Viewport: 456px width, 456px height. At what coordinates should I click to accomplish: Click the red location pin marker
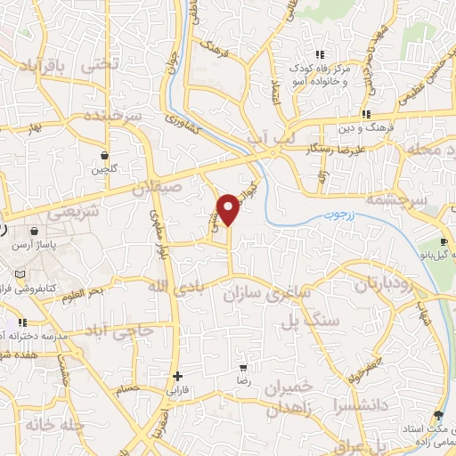(229, 209)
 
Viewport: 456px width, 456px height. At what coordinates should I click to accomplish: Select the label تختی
(98, 65)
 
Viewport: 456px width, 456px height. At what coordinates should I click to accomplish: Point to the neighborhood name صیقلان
(157, 189)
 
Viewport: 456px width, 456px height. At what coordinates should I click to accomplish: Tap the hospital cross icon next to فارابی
(177, 376)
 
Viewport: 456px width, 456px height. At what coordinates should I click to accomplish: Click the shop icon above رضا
(243, 367)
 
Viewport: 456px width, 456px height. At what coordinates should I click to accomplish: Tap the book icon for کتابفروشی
(20, 274)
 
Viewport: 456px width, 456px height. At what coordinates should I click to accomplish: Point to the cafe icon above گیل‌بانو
(444, 242)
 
